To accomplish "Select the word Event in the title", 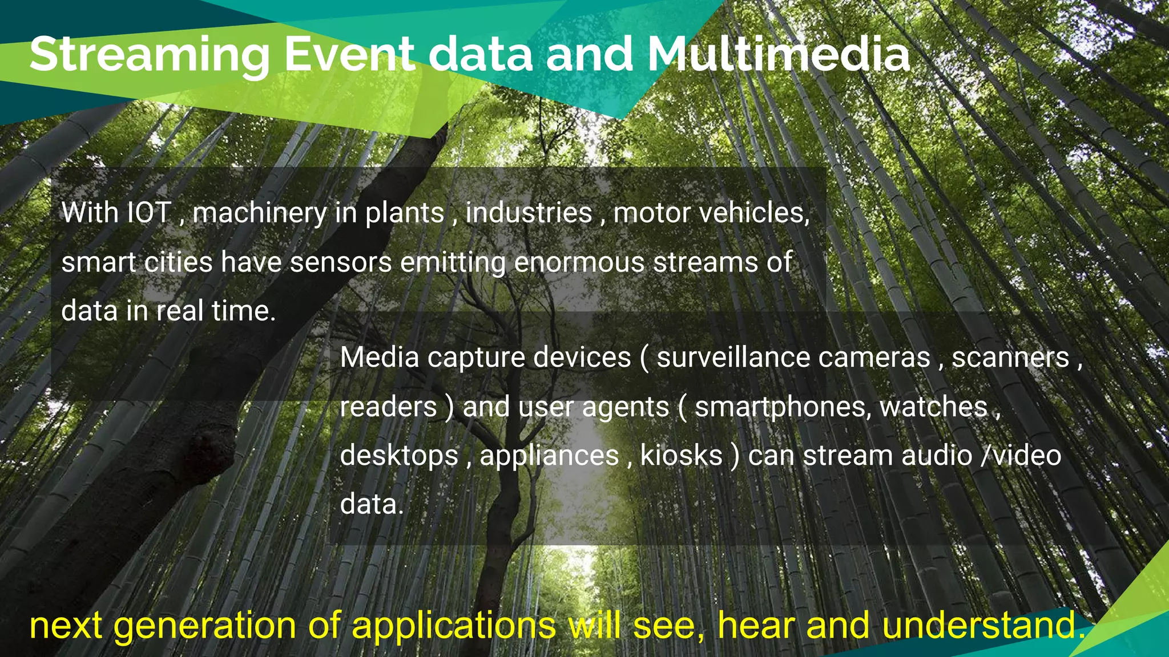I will tap(349, 55).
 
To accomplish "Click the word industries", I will tap(529, 213).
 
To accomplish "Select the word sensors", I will tap(340, 262).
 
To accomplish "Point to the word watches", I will tap(933, 407).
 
